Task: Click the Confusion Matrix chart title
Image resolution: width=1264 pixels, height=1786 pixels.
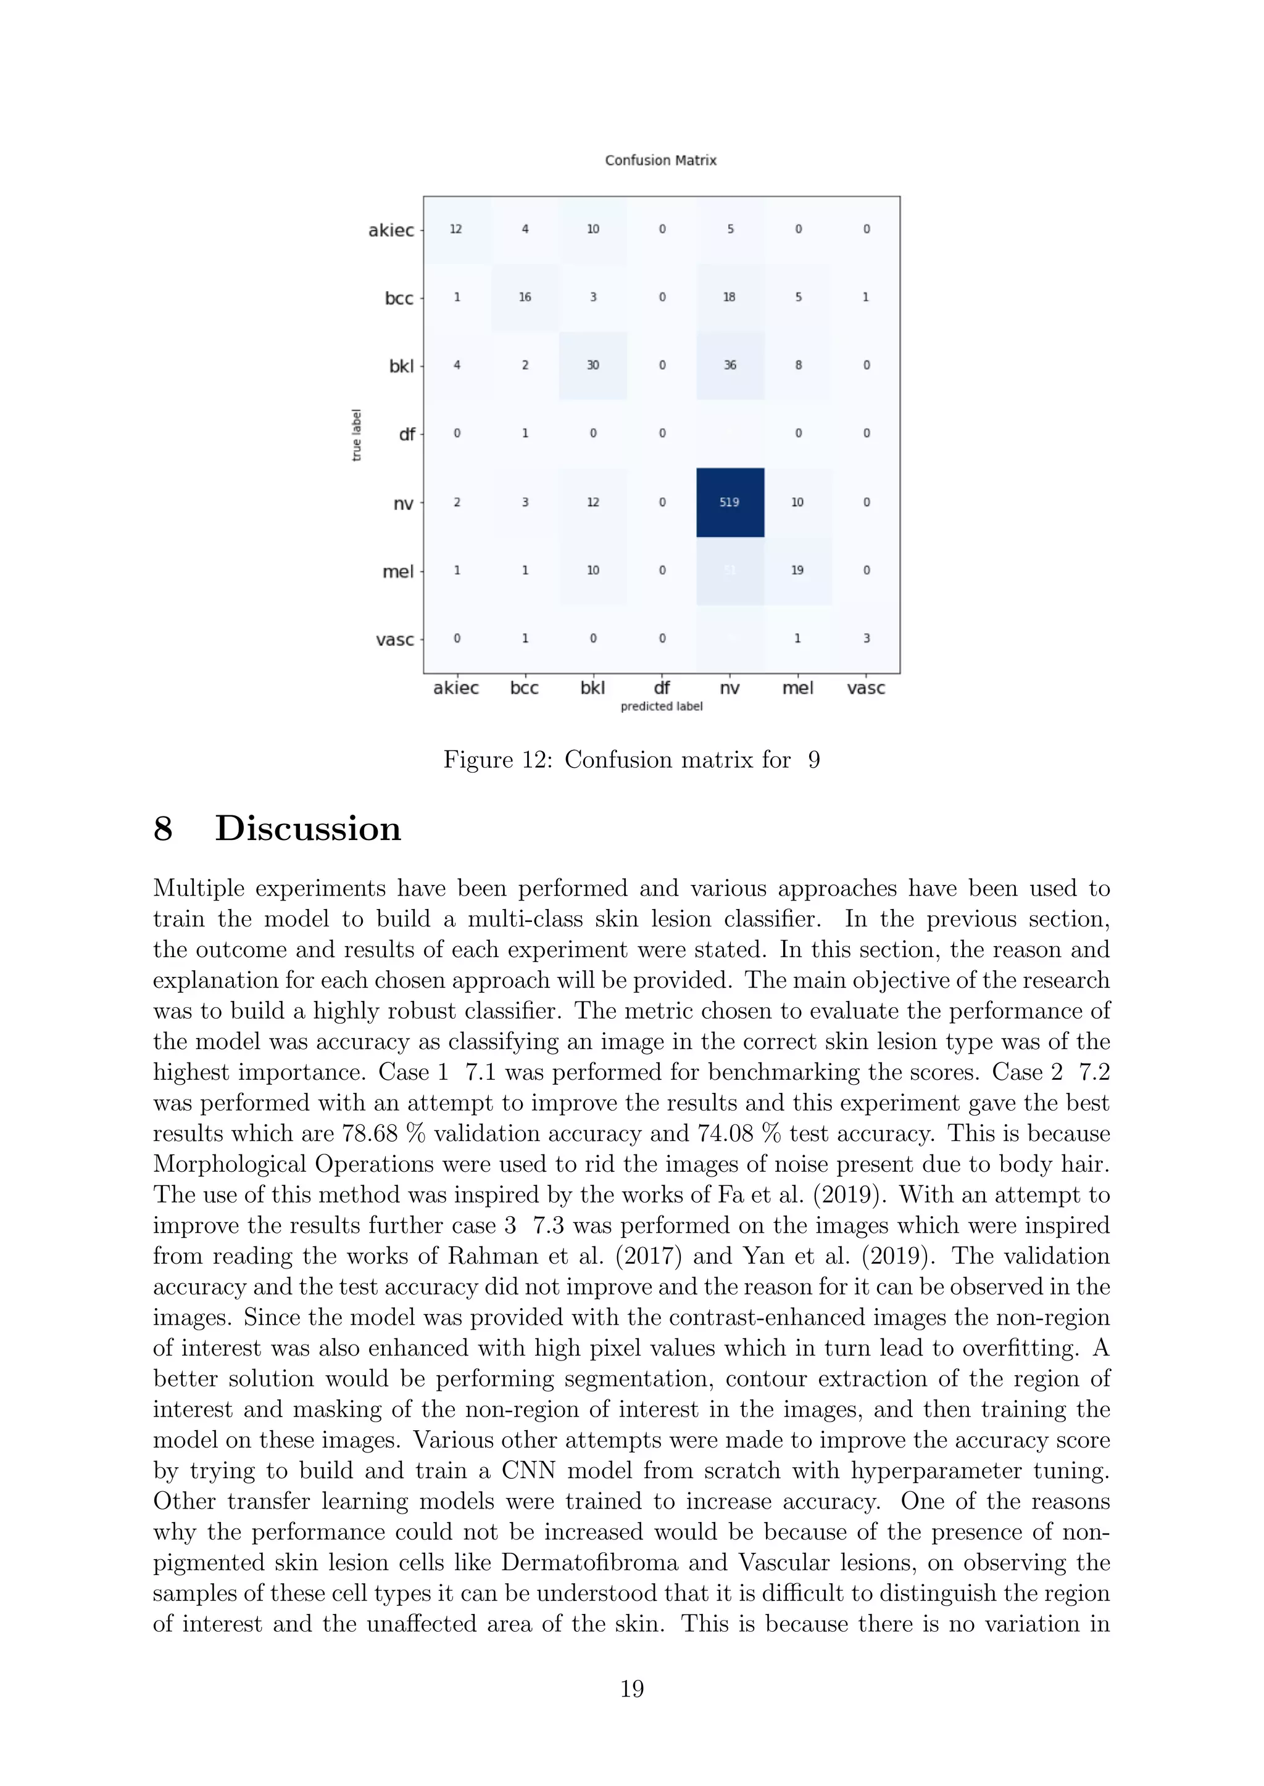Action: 660,160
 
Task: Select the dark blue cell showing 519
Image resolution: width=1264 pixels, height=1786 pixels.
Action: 730,503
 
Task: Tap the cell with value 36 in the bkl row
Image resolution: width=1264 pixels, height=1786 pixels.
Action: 730,365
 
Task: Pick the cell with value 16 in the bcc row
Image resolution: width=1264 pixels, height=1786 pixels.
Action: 525,297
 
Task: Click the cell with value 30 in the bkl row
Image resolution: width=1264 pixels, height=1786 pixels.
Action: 592,365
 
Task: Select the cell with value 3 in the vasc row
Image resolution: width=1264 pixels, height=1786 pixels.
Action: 865,639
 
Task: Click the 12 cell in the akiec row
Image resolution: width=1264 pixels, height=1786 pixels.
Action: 456,229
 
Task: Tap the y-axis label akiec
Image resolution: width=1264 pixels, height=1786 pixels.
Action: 391,230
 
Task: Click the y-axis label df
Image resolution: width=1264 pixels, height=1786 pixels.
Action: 406,435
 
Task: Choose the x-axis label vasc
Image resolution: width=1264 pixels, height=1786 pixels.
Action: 865,688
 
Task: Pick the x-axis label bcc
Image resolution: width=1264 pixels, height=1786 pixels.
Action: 524,688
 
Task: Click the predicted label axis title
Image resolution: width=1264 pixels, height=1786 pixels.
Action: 661,706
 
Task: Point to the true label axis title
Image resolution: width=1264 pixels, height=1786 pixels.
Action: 357,435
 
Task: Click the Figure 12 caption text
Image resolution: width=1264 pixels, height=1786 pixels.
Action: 631,759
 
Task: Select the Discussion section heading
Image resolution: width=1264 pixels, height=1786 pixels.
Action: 307,828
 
